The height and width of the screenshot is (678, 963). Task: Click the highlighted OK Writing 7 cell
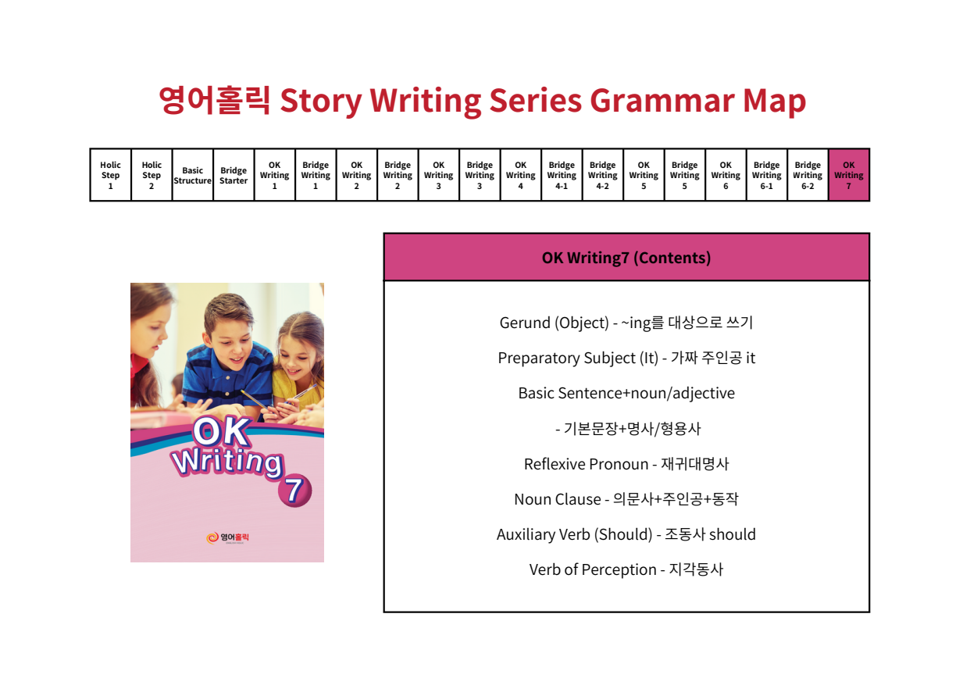849,175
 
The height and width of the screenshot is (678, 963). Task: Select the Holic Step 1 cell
110,175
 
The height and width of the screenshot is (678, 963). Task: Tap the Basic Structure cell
193,175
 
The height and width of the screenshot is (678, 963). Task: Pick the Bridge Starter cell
234,175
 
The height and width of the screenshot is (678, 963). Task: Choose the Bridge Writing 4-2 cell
603,175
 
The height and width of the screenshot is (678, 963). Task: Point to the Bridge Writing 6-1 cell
766,175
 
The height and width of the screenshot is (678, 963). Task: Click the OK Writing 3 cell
438,175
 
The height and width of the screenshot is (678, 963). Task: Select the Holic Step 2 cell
152,175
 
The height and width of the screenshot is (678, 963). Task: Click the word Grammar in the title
662,101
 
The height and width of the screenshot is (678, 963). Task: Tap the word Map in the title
774,102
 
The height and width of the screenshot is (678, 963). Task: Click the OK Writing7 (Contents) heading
626,258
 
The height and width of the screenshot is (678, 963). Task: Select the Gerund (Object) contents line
626,323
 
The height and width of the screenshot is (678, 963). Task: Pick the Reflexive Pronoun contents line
626,464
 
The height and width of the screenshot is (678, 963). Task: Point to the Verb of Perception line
626,569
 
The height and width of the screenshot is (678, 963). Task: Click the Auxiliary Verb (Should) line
626,534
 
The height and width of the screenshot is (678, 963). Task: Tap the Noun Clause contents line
626,498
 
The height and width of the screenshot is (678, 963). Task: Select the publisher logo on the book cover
227,538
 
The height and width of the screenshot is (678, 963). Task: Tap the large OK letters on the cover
222,431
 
